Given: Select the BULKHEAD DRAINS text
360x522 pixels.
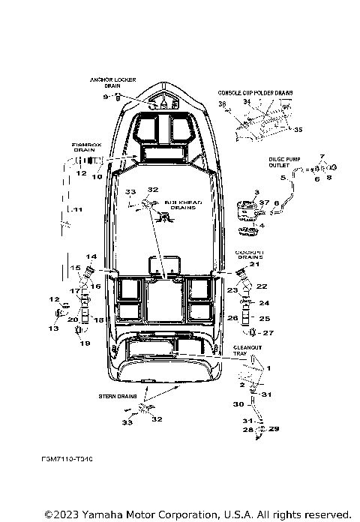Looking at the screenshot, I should click(180, 205).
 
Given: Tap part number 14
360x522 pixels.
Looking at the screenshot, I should click(91, 256).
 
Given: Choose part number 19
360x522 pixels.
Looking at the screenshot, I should click(84, 343).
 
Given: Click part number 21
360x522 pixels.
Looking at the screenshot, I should click(253, 264).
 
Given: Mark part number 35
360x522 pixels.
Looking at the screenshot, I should click(298, 130).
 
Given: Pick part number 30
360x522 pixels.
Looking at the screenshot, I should click(238, 404).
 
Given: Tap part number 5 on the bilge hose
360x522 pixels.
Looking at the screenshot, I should click(283, 178).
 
